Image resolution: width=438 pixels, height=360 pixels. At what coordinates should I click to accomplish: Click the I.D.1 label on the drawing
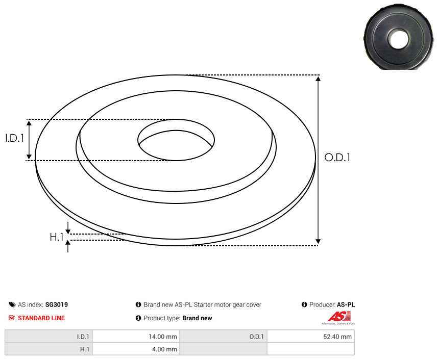tap(15, 138)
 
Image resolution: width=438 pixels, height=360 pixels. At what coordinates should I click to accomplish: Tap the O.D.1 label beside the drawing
tap(337, 158)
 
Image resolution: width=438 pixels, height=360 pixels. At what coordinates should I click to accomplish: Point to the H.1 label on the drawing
tap(57, 237)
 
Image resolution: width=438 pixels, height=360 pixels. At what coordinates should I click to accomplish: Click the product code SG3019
tap(57, 304)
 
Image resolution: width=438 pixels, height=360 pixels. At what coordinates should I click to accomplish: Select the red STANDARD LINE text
tap(41, 318)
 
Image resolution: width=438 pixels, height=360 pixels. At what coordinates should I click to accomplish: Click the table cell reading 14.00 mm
tap(136, 336)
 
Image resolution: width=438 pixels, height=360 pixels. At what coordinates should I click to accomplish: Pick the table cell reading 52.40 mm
tap(310, 336)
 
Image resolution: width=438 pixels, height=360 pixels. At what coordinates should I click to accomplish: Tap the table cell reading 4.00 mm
tap(136, 349)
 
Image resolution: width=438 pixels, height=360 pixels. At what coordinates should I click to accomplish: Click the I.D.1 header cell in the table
tap(48, 336)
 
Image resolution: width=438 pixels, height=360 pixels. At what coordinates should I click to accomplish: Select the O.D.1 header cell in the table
tap(224, 336)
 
